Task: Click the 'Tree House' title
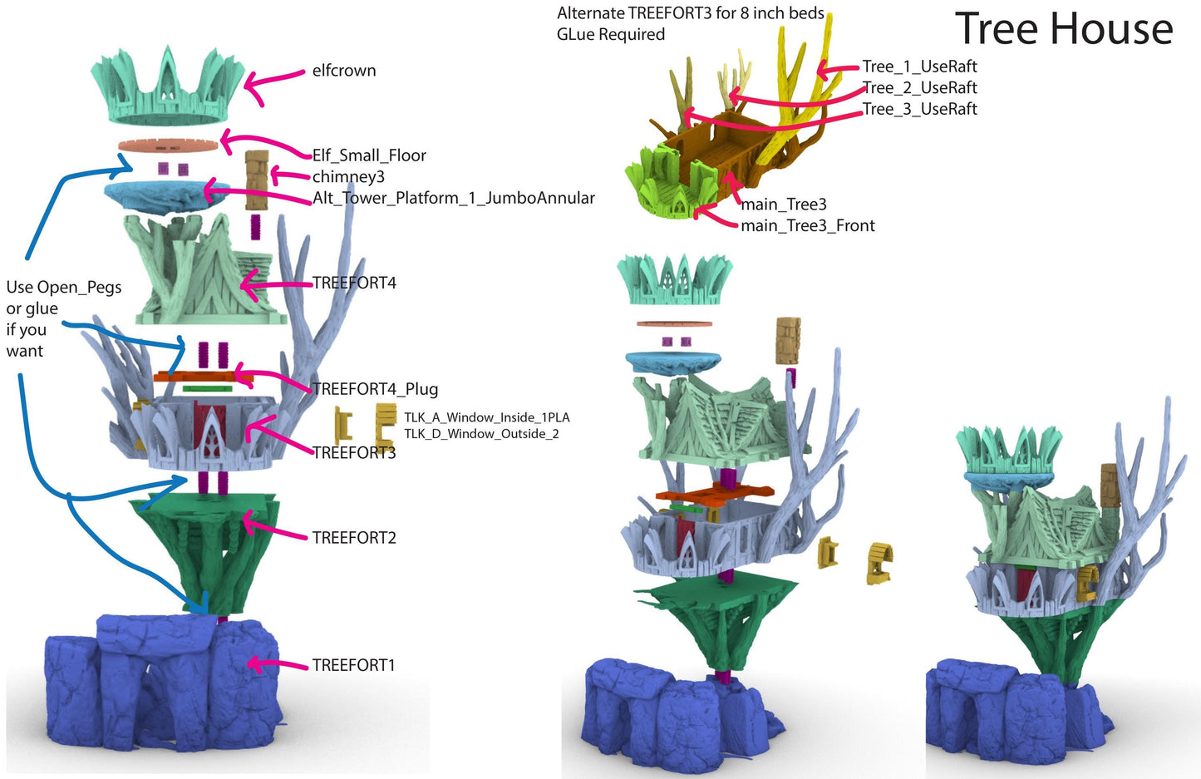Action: tap(1063, 29)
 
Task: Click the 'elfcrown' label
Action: tap(344, 71)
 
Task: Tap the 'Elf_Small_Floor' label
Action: tap(369, 155)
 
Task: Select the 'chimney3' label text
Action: tap(348, 176)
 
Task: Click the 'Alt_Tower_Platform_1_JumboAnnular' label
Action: tap(454, 198)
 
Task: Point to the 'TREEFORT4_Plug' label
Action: tap(375, 389)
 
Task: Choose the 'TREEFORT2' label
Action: tap(354, 538)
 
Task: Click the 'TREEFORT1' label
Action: tap(353, 665)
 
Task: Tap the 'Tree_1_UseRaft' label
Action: tap(919, 67)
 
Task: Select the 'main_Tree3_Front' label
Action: tap(807, 225)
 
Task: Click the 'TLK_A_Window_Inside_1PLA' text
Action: tap(486, 417)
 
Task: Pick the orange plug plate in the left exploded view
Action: tap(203, 377)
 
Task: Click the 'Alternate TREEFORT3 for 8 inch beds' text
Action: tap(690, 13)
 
